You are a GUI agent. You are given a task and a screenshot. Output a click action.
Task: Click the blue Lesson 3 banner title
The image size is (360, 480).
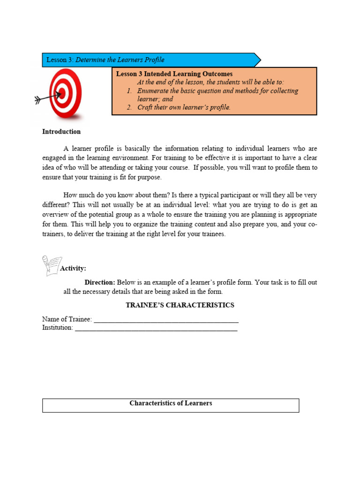[105, 60]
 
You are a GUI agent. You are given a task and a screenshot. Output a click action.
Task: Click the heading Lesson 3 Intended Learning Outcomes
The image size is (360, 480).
[174, 74]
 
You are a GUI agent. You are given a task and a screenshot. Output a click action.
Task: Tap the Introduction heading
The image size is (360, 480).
[61, 132]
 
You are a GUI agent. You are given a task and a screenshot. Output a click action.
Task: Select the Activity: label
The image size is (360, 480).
[73, 269]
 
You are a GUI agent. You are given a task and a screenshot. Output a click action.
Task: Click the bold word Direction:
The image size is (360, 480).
[99, 283]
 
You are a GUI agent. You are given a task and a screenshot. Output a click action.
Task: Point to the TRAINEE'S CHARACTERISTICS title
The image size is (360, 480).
[180, 305]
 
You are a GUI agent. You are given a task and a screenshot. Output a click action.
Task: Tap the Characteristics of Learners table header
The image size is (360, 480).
[171, 404]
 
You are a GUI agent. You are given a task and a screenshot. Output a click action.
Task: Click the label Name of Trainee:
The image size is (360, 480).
[67, 319]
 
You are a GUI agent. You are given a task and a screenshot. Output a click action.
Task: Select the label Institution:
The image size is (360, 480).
[58, 328]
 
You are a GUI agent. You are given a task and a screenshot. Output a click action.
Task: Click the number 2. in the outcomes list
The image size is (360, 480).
[129, 107]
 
